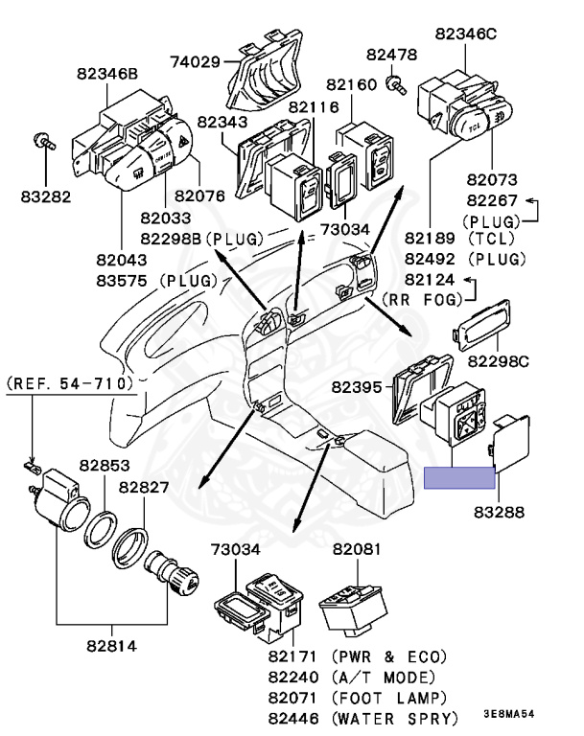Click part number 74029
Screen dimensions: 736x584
196,62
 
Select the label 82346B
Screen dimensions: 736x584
106,73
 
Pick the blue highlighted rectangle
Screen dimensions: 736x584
458,477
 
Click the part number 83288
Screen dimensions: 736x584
499,513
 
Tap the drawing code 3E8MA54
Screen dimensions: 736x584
508,715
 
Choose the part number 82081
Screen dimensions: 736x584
357,549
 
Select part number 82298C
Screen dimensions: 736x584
498,361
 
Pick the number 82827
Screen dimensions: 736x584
144,488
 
